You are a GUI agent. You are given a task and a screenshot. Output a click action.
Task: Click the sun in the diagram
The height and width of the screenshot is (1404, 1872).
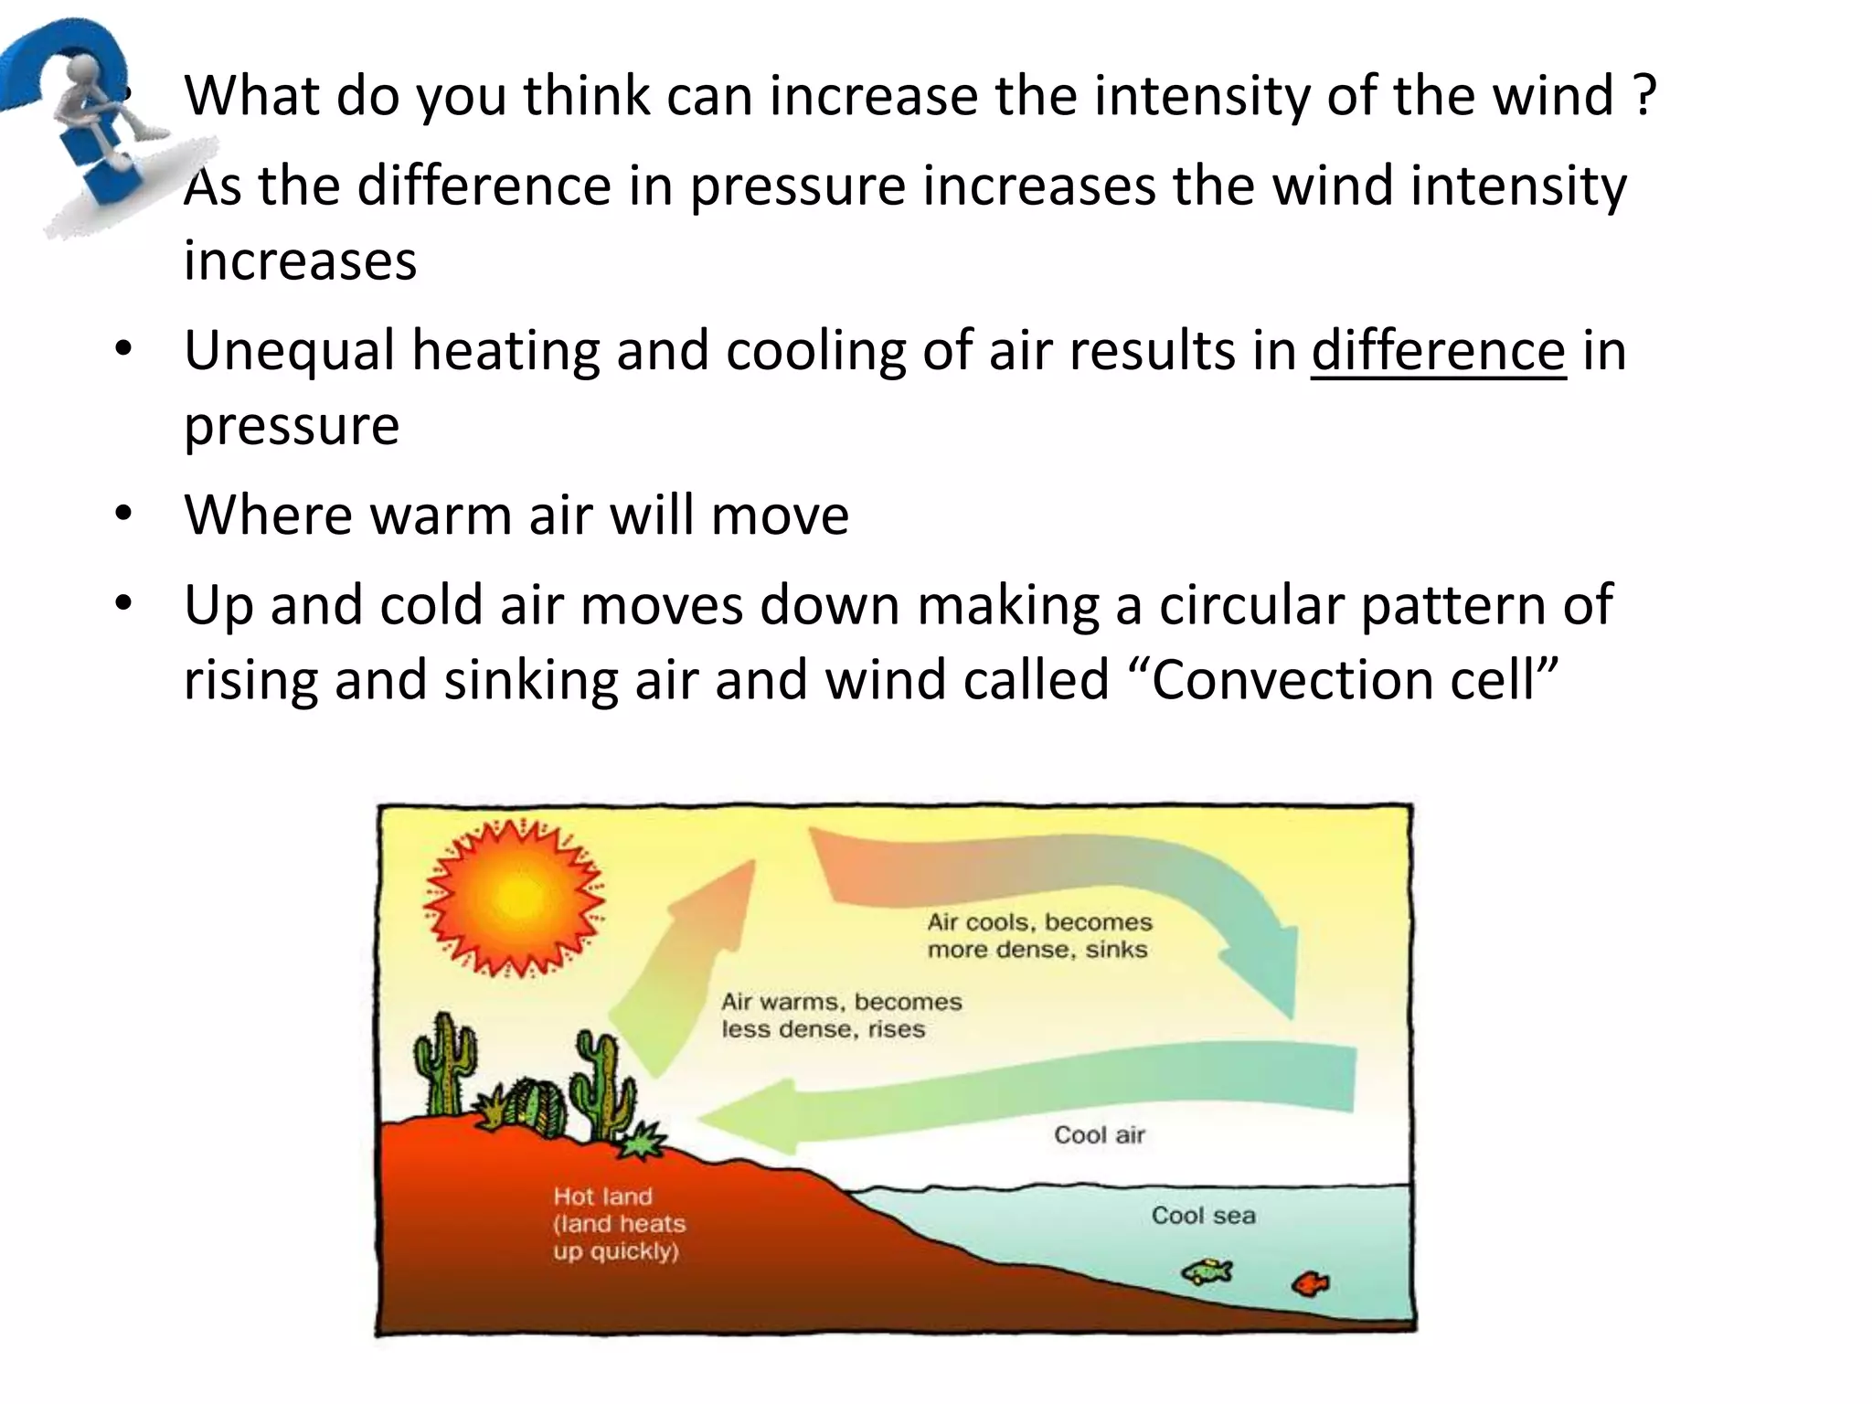click(515, 897)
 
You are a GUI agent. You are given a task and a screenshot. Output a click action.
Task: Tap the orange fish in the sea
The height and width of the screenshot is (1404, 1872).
click(1310, 1284)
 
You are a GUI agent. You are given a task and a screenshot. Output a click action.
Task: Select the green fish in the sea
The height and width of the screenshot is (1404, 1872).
click(1207, 1271)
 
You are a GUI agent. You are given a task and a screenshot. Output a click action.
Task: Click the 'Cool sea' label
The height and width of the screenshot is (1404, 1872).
click(1203, 1216)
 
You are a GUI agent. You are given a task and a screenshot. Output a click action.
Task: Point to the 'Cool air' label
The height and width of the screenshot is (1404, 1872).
click(1099, 1135)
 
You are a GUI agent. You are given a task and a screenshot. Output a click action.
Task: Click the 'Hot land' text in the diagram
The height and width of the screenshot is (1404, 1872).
click(603, 1197)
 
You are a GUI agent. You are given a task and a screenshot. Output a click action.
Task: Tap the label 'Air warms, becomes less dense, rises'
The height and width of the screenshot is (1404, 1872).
click(840, 1016)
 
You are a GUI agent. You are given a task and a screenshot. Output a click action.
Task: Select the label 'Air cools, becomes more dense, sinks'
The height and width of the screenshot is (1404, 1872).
click(1039, 936)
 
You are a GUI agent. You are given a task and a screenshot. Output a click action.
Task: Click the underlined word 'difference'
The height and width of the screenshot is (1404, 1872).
click(1438, 351)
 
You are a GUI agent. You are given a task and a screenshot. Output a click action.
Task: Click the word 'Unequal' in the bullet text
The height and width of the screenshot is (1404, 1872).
click(289, 351)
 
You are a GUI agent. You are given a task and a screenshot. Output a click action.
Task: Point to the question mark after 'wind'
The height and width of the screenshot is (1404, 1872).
click(1643, 95)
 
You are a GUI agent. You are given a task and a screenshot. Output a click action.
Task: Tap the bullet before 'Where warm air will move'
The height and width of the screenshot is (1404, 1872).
click(124, 514)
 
